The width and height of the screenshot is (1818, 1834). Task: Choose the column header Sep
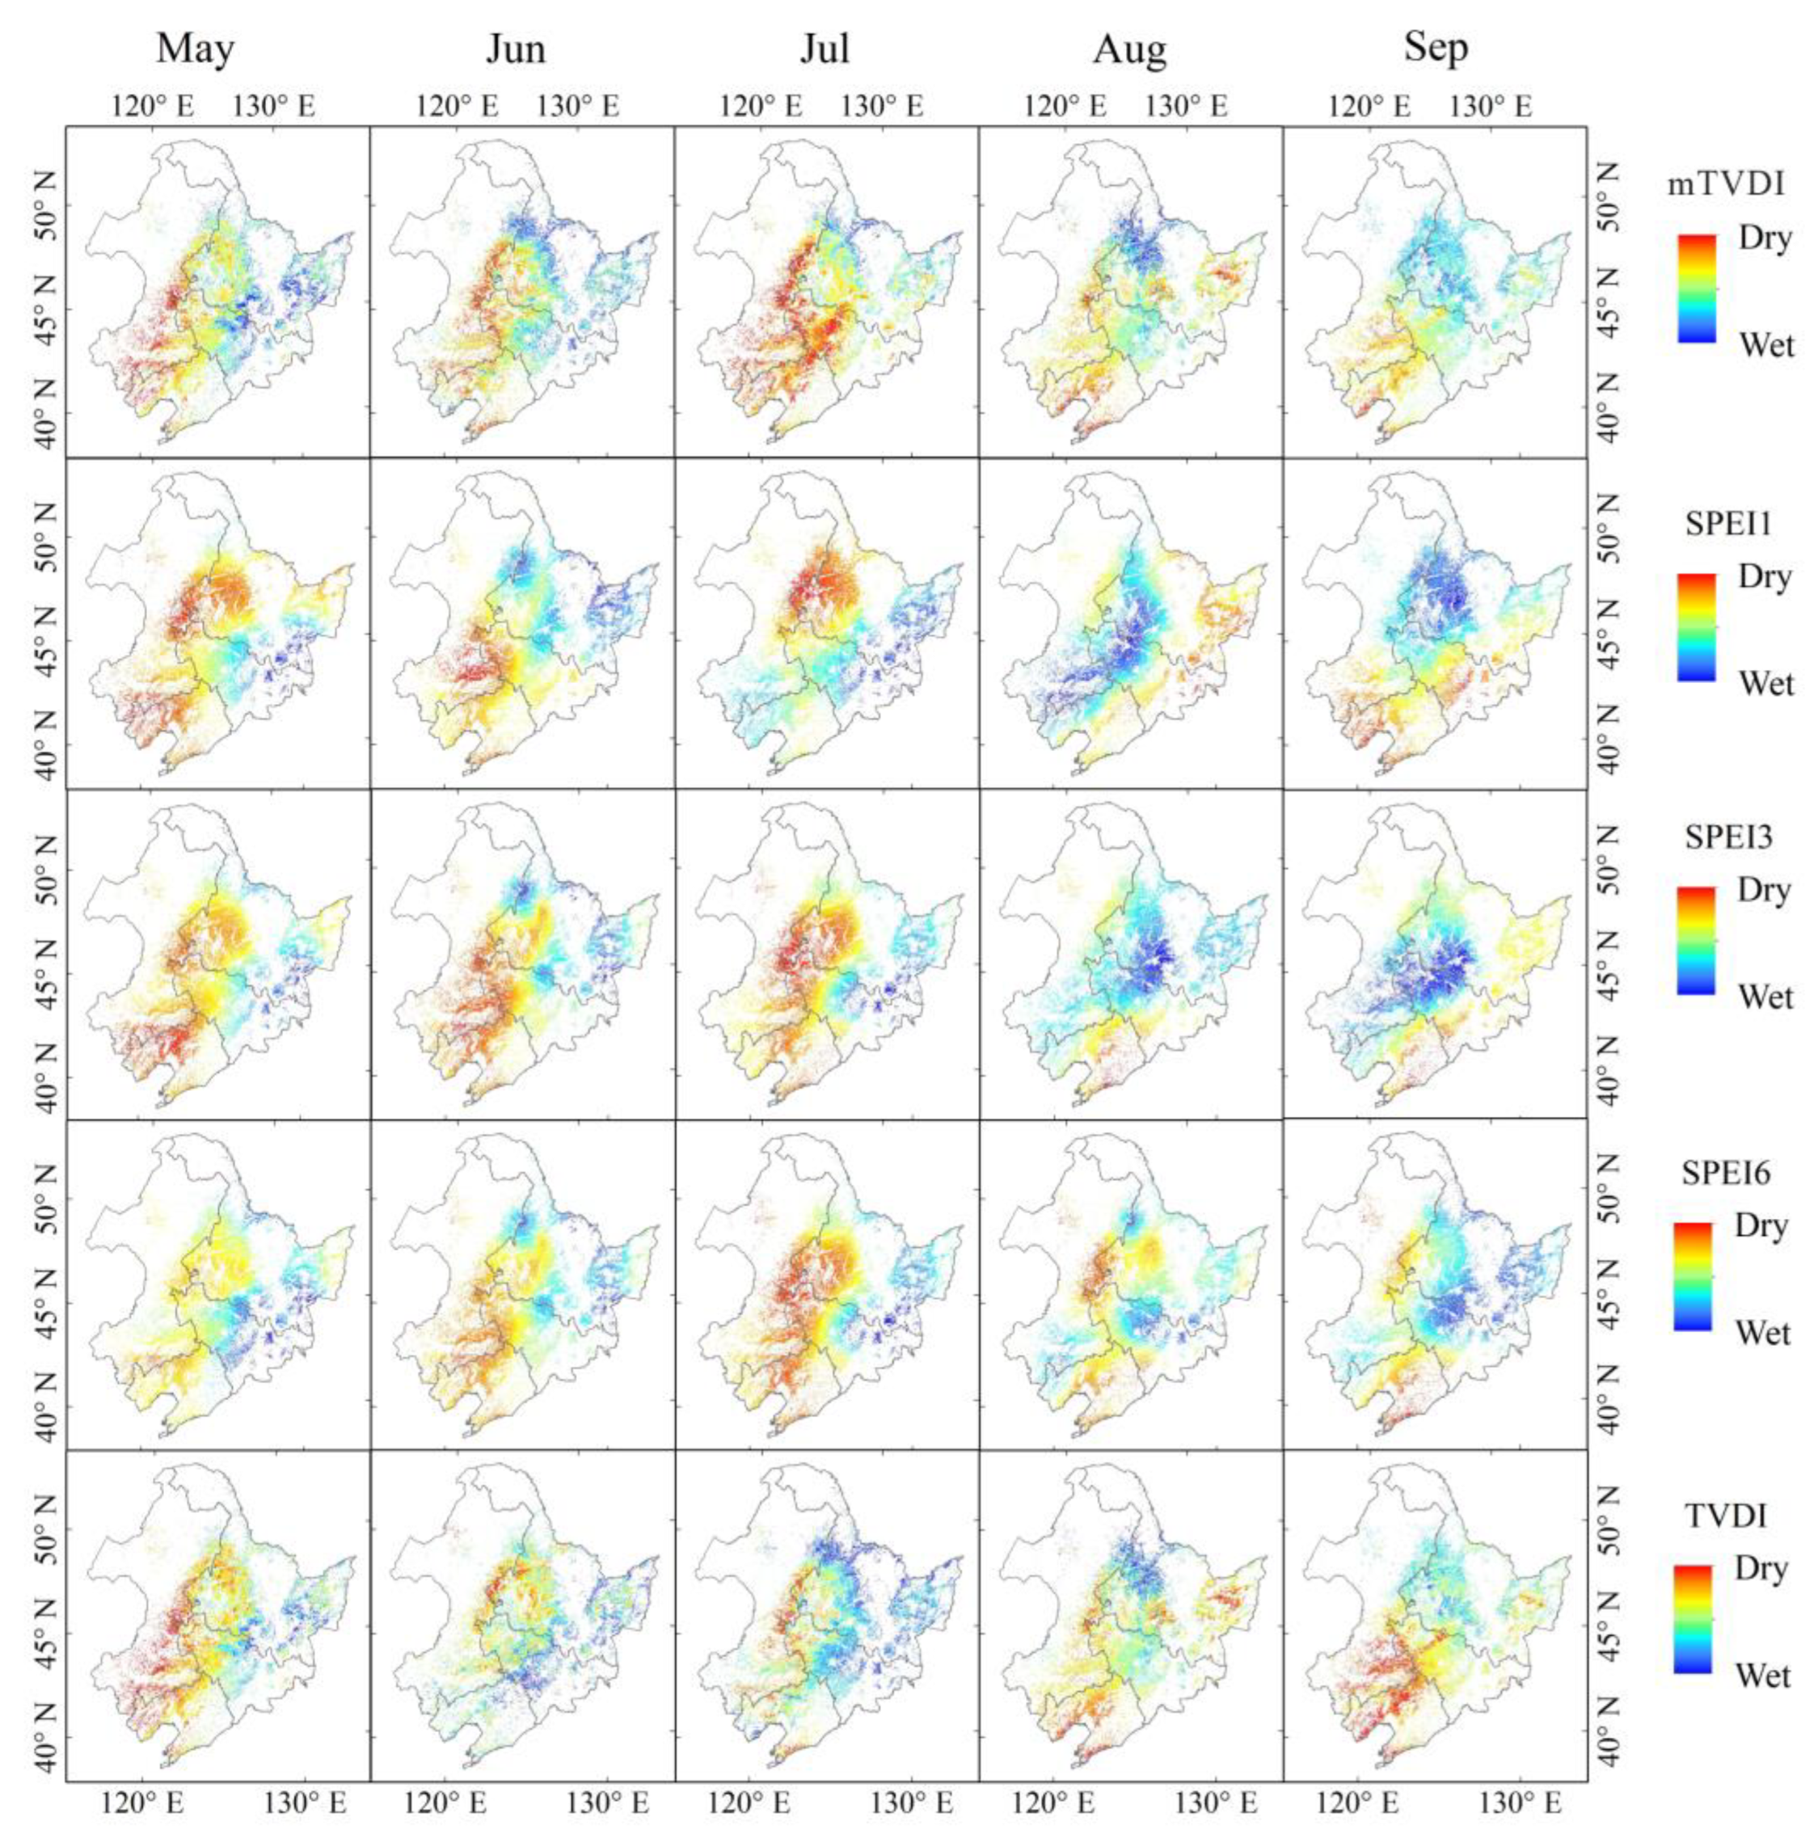pyautogui.click(x=1436, y=48)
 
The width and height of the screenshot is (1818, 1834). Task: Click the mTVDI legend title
pyautogui.click(x=1726, y=184)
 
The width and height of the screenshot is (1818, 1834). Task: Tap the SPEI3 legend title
pyautogui.click(x=1727, y=837)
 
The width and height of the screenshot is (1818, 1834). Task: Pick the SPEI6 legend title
pyautogui.click(x=1726, y=1174)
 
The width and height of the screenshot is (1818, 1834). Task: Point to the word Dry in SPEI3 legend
pyautogui.click(x=1764, y=891)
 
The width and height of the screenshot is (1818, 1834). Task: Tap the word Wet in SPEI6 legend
pyautogui.click(x=1763, y=1333)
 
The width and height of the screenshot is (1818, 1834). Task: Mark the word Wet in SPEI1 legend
pyautogui.click(x=1765, y=684)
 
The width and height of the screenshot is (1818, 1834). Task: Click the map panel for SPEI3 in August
pyautogui.click(x=1130, y=954)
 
